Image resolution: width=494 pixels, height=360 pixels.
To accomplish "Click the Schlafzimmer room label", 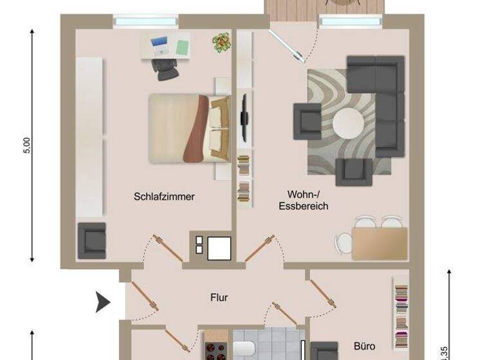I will [164, 197].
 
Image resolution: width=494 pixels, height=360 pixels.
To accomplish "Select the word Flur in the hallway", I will [219, 298].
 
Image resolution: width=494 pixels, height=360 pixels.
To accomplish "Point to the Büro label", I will [364, 345].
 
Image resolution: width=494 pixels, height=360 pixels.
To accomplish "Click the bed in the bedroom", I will [187, 129].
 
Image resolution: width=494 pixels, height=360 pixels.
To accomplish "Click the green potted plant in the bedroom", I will [221, 42].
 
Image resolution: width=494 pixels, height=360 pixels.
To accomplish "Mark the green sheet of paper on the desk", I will [182, 47].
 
